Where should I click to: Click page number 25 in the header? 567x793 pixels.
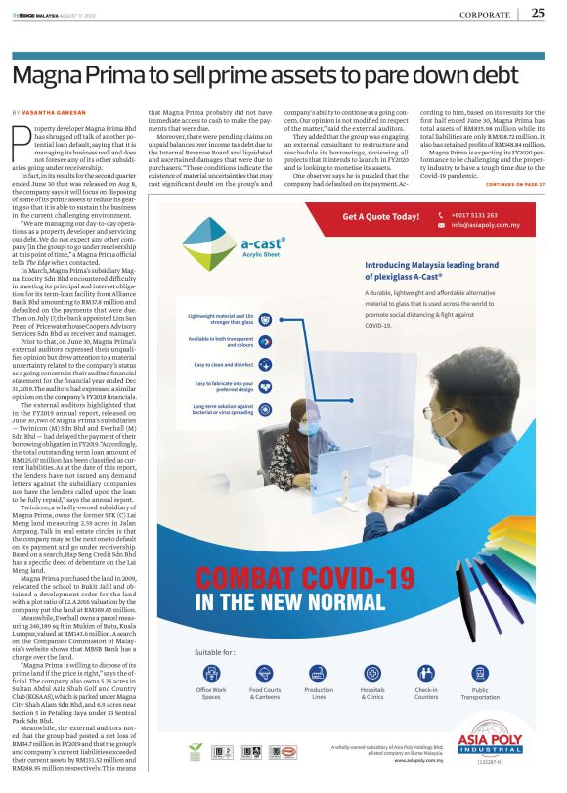pyautogui.click(x=538, y=13)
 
